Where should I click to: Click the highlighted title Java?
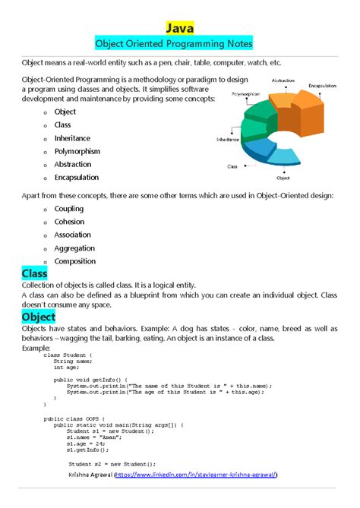[180, 28]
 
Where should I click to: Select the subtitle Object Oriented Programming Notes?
[180, 45]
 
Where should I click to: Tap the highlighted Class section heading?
[34, 273]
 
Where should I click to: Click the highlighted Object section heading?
[38, 316]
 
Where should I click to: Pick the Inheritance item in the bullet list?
[72, 138]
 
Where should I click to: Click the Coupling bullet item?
[69, 209]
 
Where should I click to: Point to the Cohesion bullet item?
[70, 222]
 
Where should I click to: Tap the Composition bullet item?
[75, 261]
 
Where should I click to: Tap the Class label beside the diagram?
[232, 166]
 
